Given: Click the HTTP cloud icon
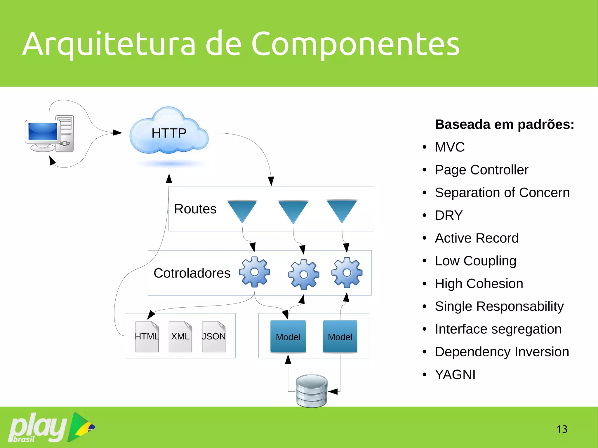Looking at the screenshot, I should [x=169, y=133].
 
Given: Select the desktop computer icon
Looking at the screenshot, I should [x=49, y=134].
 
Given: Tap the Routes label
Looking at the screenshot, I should [x=195, y=209].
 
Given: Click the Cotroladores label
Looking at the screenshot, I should [x=192, y=273].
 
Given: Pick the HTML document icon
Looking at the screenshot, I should [x=147, y=337].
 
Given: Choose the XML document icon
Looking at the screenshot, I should [x=180, y=337].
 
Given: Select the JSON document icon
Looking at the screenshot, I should [x=213, y=337].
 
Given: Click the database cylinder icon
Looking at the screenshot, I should [x=312, y=391].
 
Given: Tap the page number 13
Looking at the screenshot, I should [x=562, y=429].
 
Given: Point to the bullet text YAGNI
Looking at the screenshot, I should [x=455, y=374].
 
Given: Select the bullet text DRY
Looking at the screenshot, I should [x=448, y=215].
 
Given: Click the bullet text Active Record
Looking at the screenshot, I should [x=477, y=238].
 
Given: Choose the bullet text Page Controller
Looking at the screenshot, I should [x=481, y=170].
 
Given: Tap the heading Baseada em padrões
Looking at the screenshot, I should [x=504, y=124].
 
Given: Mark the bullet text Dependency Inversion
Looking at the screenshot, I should [x=502, y=352].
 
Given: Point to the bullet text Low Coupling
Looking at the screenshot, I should [x=475, y=261].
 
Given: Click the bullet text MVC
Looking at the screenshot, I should [x=449, y=147].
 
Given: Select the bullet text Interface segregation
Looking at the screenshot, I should [x=498, y=329].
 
